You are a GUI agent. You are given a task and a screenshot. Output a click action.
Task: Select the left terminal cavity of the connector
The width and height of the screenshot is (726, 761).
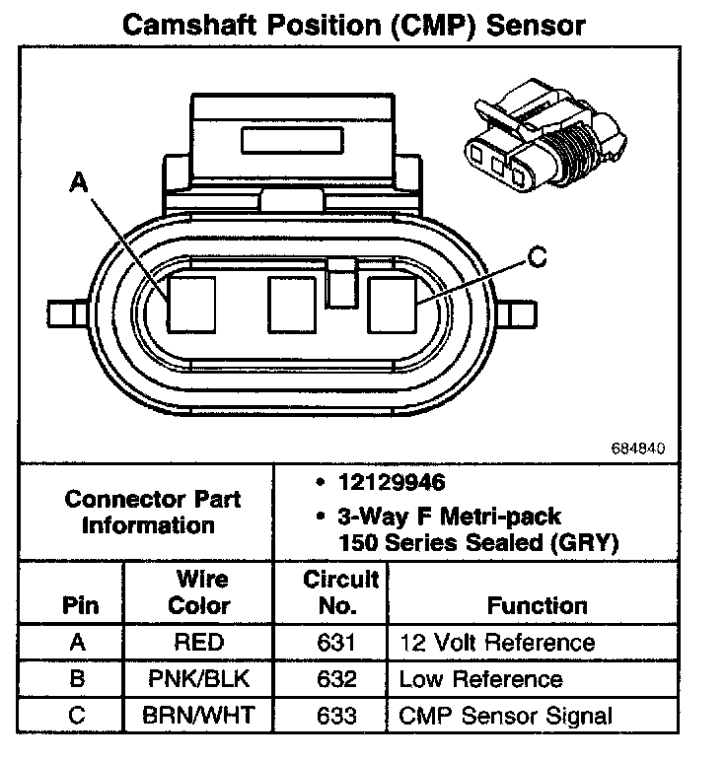pos(190,303)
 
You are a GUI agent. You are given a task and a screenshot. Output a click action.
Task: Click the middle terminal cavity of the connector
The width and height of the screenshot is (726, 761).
pos(293,304)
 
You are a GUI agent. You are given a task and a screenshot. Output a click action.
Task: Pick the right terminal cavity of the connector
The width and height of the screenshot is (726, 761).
pos(394,304)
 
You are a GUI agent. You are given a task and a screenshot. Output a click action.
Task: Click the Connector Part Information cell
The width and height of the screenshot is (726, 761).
pos(153,511)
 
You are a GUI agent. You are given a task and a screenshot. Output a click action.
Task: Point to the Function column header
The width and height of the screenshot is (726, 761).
pos(537,605)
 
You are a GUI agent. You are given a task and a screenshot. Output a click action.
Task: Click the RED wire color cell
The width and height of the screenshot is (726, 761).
pos(198,643)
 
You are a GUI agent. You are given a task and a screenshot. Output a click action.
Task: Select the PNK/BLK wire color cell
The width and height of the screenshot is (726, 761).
pos(198,679)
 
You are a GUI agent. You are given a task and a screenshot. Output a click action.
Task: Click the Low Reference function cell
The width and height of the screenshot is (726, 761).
pos(480,679)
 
